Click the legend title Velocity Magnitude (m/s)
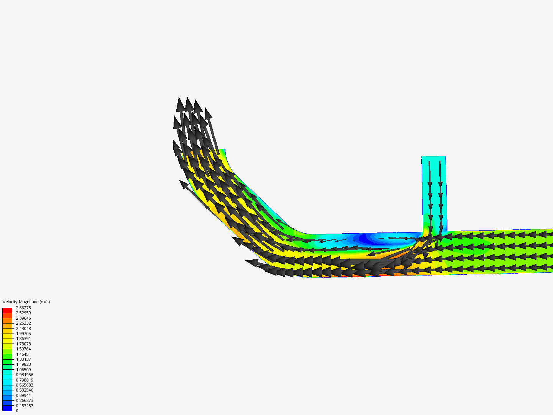(26, 302)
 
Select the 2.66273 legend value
(23, 308)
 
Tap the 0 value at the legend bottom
(17, 411)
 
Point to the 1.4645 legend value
(22, 354)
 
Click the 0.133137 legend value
(24, 406)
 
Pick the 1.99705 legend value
(23, 334)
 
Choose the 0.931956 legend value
(24, 375)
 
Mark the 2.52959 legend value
(23, 313)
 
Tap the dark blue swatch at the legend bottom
(7, 408)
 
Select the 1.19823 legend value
(23, 364)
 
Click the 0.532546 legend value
(24, 390)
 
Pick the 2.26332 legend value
(23, 323)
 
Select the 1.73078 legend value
(23, 344)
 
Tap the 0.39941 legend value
(23, 395)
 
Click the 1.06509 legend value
(23, 370)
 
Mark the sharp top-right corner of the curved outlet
(225, 149)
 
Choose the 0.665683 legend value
(24, 385)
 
